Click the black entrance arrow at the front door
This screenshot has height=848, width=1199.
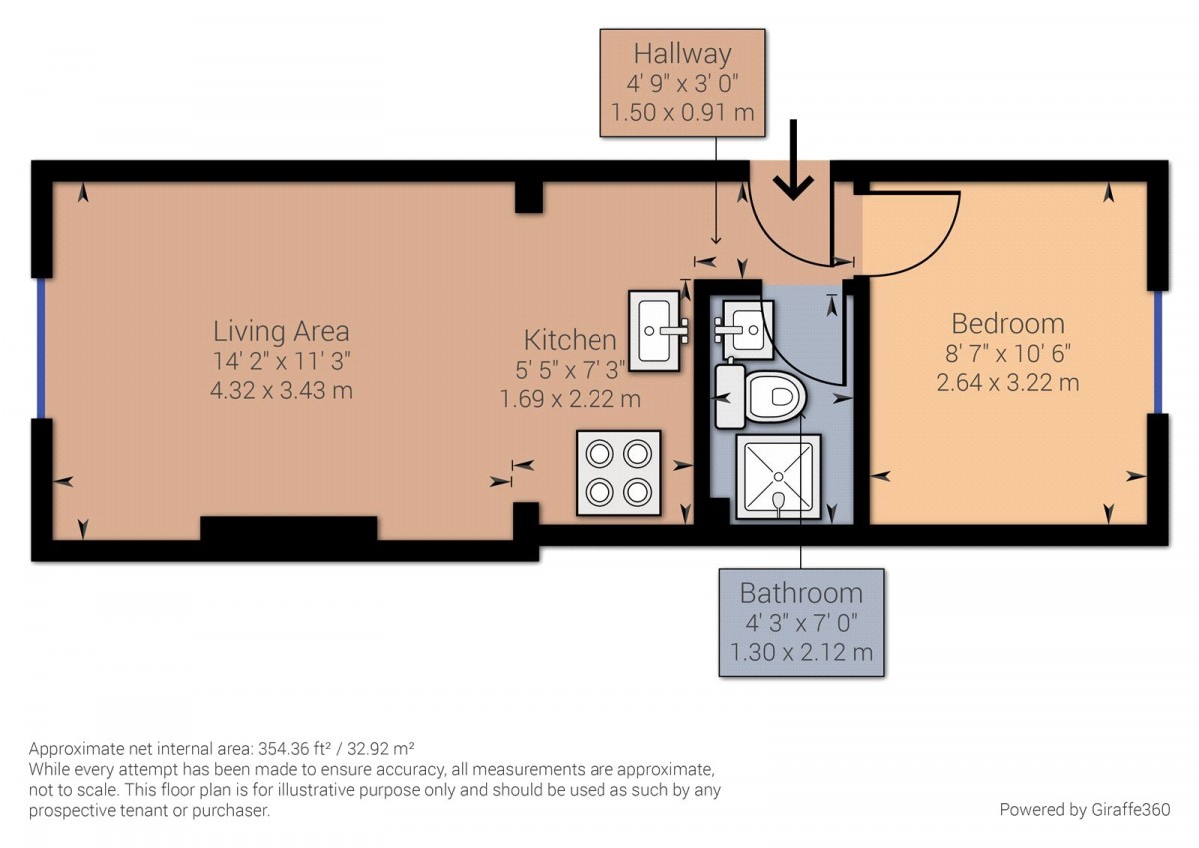[x=794, y=165]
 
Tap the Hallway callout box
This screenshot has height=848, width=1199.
[x=682, y=82]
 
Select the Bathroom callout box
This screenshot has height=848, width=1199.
[x=801, y=622]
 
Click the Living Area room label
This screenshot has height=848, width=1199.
[x=281, y=330]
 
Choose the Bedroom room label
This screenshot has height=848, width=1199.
[x=1007, y=323]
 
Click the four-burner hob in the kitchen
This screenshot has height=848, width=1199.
[x=618, y=472]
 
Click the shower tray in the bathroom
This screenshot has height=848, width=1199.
[x=778, y=476]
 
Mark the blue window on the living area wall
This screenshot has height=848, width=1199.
[x=41, y=347]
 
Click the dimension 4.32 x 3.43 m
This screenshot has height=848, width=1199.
[x=281, y=390]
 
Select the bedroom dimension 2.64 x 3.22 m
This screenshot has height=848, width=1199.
[x=1007, y=382]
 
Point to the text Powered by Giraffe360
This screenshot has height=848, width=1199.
[x=1084, y=809]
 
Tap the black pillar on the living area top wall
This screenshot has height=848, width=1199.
[x=528, y=197]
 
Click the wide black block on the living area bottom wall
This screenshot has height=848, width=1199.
[x=288, y=528]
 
